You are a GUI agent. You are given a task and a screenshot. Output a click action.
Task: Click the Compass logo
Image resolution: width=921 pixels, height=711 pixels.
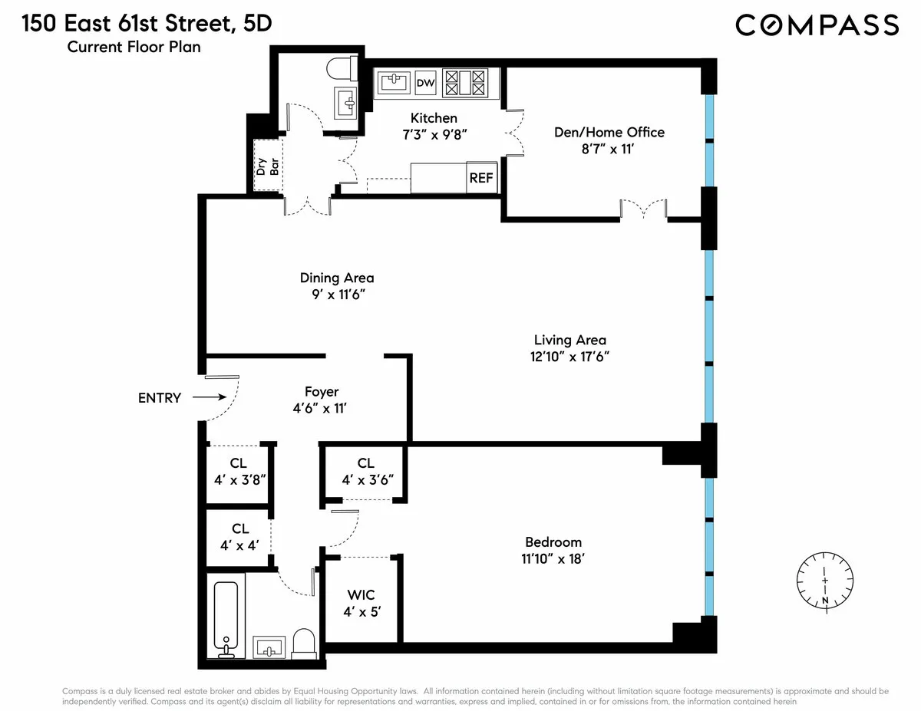coord(817,25)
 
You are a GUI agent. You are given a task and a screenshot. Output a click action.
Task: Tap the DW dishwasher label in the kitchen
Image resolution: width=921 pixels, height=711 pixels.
coord(424,83)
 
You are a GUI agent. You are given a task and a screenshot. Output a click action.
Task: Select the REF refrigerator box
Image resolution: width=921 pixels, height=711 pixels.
coord(481,178)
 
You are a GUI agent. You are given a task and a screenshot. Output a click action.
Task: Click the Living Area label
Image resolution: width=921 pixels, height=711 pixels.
coord(570,340)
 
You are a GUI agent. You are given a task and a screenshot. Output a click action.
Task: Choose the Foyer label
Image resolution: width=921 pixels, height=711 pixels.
coord(321,392)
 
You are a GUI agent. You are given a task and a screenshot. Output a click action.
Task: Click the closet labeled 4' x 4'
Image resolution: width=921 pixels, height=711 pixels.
coord(239,545)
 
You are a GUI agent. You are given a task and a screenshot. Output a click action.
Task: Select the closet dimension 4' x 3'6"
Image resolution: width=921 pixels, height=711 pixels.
coord(365,480)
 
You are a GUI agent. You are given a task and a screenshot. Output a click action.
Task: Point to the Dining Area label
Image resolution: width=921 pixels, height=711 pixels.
coord(337,278)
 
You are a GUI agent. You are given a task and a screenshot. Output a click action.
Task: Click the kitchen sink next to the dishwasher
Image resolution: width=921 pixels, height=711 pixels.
coord(393,83)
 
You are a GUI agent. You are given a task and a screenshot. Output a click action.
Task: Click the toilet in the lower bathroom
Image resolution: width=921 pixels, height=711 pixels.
coord(305,644)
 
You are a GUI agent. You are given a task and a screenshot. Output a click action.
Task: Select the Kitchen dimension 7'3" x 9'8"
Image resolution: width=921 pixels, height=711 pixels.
coord(434,134)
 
